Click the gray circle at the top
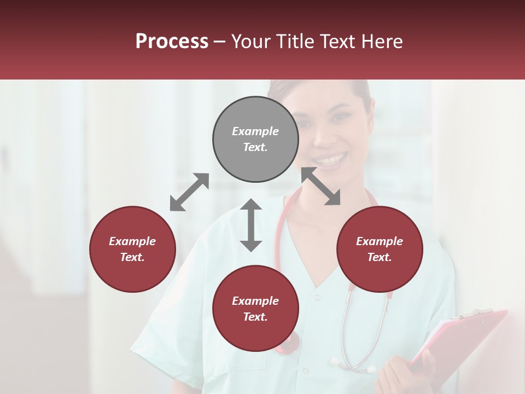[x=255, y=140]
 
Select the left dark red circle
[x=132, y=250]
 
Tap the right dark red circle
[x=380, y=250]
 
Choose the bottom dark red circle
[x=255, y=309]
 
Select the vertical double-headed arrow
[x=251, y=225]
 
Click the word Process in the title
[x=172, y=42]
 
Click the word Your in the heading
[x=251, y=42]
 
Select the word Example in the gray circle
[x=255, y=131]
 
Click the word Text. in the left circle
[x=132, y=257]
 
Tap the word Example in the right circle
[x=380, y=241]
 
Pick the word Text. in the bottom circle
[x=255, y=317]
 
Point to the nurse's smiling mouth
[x=330, y=160]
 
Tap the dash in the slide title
[x=220, y=42]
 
